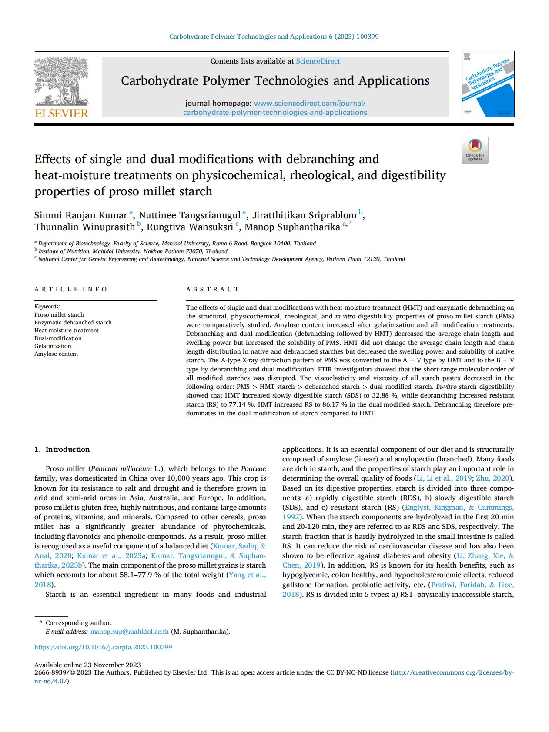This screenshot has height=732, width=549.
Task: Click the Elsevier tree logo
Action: click(x=61, y=81)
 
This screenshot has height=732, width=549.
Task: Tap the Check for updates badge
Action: click(x=475, y=150)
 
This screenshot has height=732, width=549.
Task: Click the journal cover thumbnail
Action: click(x=488, y=84)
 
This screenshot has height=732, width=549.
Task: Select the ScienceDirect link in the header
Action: click(x=318, y=61)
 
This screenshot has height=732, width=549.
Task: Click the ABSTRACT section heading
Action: click(x=213, y=289)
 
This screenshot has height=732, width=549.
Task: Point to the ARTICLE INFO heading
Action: click(x=70, y=289)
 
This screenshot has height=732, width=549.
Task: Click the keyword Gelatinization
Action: click(x=53, y=346)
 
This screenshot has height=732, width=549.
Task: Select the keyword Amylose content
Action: click(x=56, y=354)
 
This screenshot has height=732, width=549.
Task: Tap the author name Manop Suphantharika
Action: click(x=292, y=227)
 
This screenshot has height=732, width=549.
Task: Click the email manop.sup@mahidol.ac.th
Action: click(x=130, y=632)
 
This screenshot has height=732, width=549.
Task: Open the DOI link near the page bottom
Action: click(x=103, y=647)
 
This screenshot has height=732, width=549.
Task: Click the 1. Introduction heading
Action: click(x=62, y=449)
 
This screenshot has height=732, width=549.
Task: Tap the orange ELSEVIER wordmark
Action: click(x=61, y=114)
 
